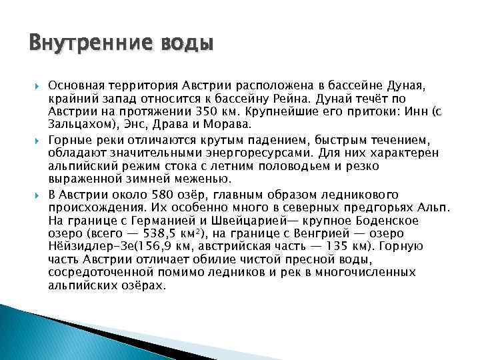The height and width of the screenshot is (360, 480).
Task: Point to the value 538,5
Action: click(174, 233)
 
